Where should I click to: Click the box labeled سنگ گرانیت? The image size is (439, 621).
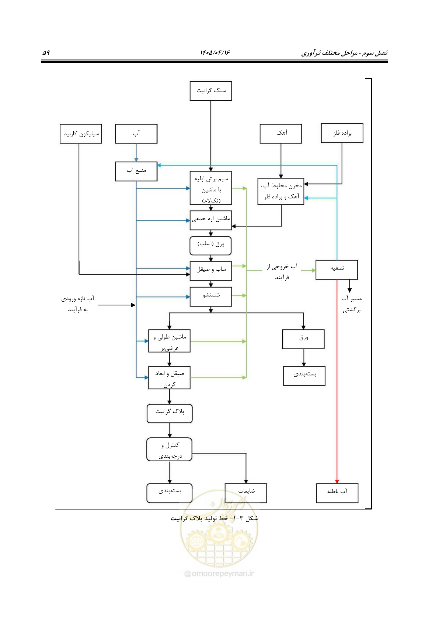[x=210, y=91]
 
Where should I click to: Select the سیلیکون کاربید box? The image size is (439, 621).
[x=81, y=133]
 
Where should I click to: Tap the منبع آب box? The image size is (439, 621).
[x=136, y=171]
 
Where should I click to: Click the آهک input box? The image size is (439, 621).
[x=281, y=133]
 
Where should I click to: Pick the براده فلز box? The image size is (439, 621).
[x=342, y=133]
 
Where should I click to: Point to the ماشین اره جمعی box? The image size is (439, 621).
[x=210, y=220]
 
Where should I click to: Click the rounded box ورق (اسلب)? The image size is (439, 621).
[x=210, y=246]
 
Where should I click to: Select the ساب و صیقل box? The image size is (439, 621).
[x=210, y=271]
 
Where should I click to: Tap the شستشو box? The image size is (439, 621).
[x=210, y=296]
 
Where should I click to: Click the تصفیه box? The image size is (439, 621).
[x=337, y=270]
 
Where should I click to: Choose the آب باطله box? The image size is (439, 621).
[x=337, y=493]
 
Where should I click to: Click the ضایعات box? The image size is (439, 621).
[x=245, y=493]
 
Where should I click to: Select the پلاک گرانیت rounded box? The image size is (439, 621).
[x=170, y=414]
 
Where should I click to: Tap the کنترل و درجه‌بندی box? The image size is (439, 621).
[x=169, y=449]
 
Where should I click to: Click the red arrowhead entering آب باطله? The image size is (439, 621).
[x=337, y=482]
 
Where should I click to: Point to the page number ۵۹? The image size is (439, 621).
[x=46, y=53]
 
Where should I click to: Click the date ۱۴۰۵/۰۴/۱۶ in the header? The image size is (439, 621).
[x=215, y=53]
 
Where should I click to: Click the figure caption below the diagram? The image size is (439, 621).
[x=214, y=518]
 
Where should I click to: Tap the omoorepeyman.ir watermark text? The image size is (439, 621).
[x=219, y=573]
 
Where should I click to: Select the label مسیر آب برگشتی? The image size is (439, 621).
[x=351, y=304]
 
